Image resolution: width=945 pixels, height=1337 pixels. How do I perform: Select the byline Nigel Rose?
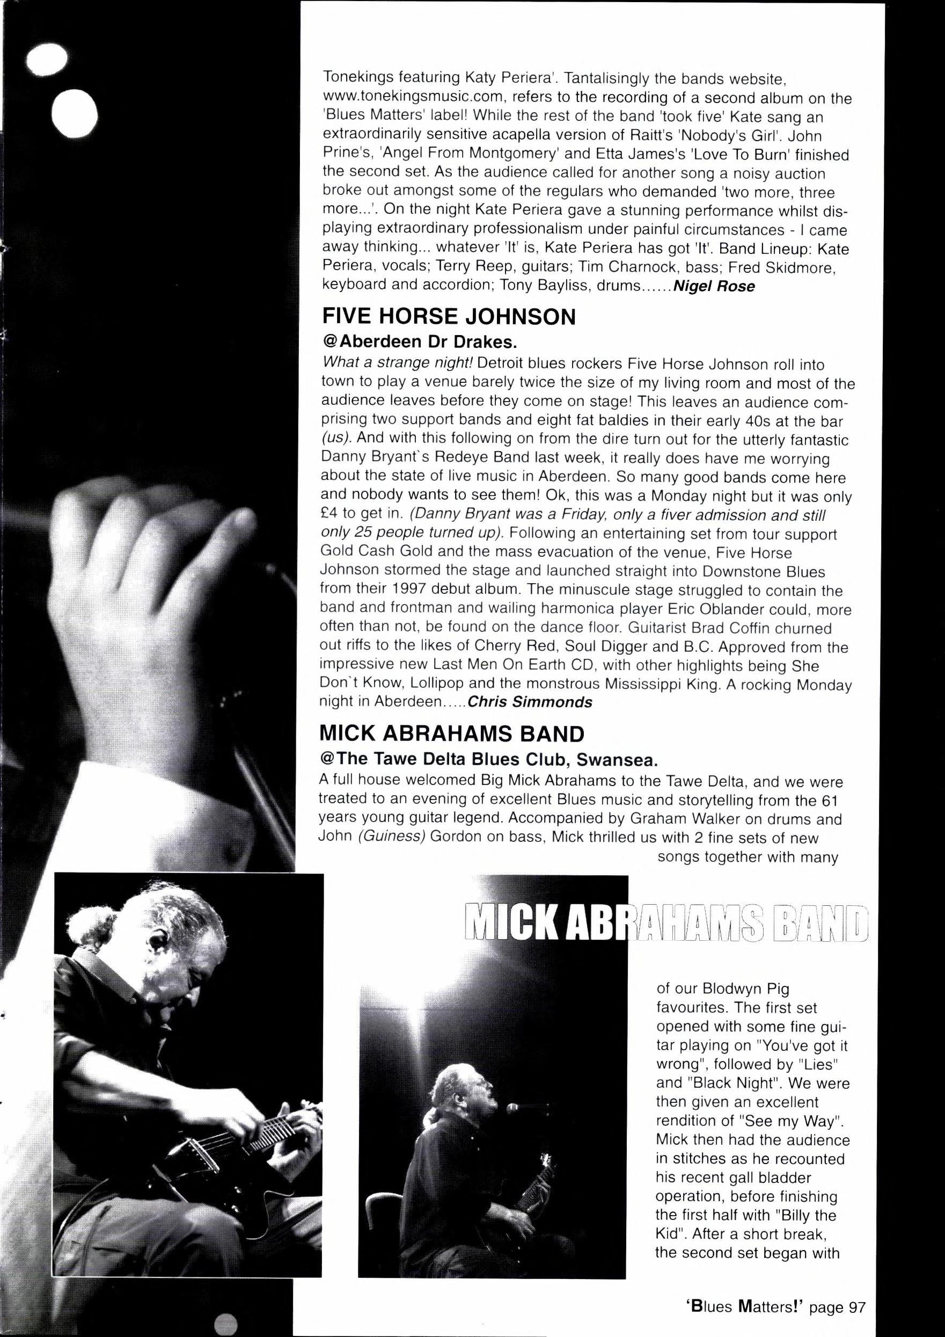(x=713, y=287)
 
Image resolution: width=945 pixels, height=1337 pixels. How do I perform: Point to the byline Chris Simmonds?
(x=530, y=702)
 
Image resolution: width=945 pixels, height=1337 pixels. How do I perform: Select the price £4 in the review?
(x=331, y=515)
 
